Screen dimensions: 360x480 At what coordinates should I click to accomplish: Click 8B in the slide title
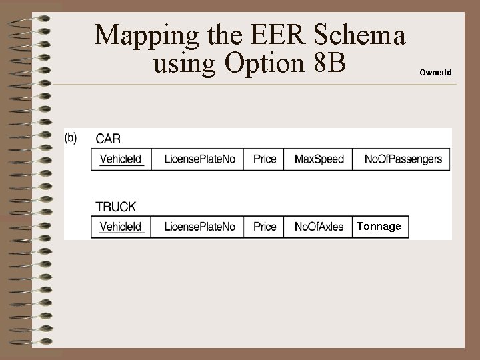pyautogui.click(x=331, y=64)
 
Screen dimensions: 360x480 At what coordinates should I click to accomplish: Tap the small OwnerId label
pyautogui.click(x=435, y=71)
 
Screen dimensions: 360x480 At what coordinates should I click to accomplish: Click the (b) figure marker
pyautogui.click(x=71, y=138)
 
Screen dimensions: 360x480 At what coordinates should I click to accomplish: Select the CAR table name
pyautogui.click(x=109, y=139)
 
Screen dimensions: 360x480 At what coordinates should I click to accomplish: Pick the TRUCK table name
pyautogui.click(x=115, y=207)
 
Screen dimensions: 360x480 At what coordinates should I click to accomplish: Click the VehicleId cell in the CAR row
pyautogui.click(x=121, y=159)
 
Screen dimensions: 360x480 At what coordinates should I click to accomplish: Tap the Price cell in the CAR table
pyautogui.click(x=265, y=159)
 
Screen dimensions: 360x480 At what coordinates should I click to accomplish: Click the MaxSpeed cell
pyautogui.click(x=319, y=159)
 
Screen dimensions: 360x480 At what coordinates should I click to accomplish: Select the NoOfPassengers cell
pyautogui.click(x=403, y=159)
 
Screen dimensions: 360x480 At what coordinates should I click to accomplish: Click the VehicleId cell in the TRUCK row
pyautogui.click(x=121, y=227)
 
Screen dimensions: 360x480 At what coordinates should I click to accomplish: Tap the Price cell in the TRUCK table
pyautogui.click(x=265, y=227)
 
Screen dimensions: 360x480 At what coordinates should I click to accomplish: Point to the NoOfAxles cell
pyautogui.click(x=319, y=227)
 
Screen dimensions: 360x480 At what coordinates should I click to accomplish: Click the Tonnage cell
pyautogui.click(x=379, y=227)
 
